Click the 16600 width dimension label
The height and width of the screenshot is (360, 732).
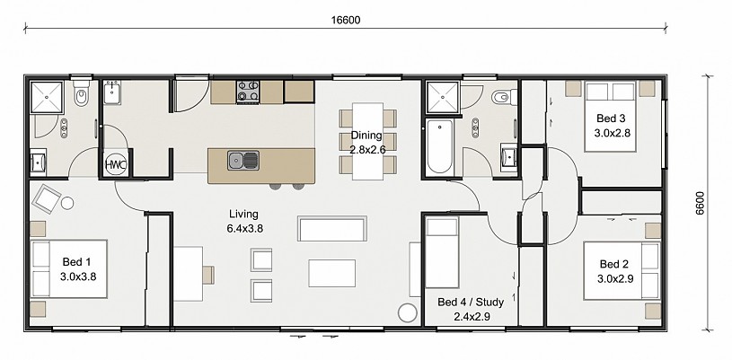(x=346, y=20)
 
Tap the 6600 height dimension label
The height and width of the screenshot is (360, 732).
(x=700, y=203)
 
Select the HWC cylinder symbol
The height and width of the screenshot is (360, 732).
(x=116, y=164)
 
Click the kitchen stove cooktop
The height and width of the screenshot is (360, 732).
(x=248, y=91)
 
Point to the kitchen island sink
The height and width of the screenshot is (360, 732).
(x=243, y=161)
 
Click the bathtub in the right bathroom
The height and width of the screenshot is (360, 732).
(x=440, y=146)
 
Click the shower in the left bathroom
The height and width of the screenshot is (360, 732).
(x=47, y=97)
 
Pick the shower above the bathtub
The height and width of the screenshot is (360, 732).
(x=443, y=97)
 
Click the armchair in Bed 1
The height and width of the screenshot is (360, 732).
(x=46, y=198)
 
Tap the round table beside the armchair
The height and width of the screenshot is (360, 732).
(x=67, y=203)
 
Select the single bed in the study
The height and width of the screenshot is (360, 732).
(x=442, y=252)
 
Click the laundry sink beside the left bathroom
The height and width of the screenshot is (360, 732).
(x=112, y=92)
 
